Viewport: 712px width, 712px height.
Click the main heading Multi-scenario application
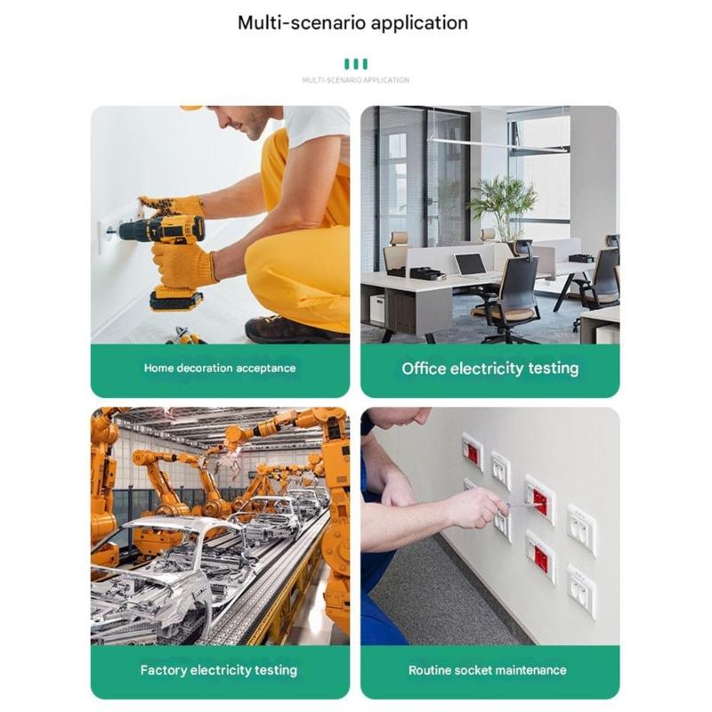click(x=352, y=23)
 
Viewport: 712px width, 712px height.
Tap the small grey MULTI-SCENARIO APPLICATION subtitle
click(x=355, y=80)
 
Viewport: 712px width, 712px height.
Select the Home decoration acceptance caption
click(x=220, y=368)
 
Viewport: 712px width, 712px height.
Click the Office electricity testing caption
click(x=490, y=368)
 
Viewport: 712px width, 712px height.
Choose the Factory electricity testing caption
click(x=219, y=670)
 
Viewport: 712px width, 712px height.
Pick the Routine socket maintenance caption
click(x=487, y=670)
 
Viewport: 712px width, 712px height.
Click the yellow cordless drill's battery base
click(x=176, y=300)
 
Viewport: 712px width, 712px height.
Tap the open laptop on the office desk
click(x=471, y=265)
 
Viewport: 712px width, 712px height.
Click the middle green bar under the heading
click(x=355, y=64)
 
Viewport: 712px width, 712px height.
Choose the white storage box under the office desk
click(x=377, y=309)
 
